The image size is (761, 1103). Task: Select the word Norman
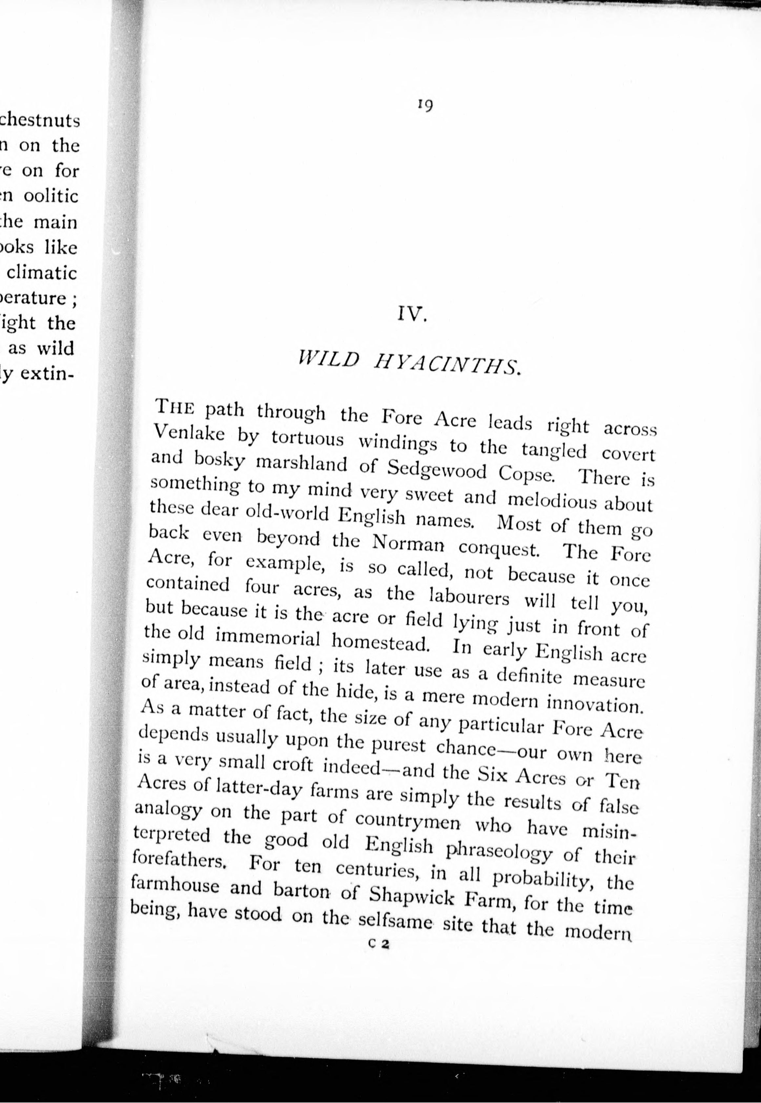408,543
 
